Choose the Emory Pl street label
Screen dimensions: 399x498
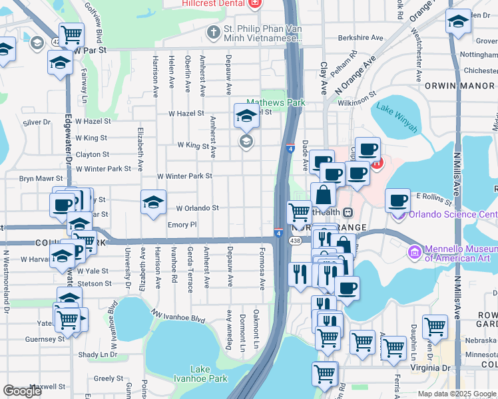tap(182, 225)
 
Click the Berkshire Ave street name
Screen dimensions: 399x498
tap(361, 38)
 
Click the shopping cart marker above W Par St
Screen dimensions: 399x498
tap(71, 33)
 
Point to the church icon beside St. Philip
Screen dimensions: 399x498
tap(213, 31)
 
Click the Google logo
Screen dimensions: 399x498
tap(23, 391)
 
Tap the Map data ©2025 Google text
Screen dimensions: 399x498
tap(455, 394)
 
